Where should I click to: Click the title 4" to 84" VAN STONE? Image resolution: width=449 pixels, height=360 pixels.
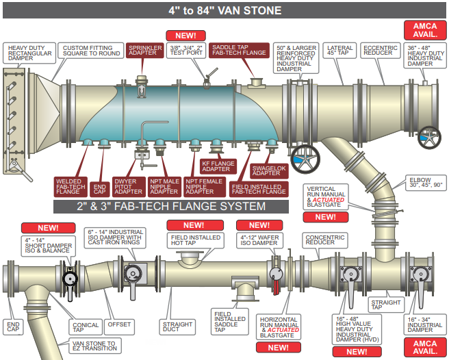(224, 11)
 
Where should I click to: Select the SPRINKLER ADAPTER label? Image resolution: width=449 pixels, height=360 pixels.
(143, 50)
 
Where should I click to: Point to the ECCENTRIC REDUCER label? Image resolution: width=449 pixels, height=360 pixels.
(381, 50)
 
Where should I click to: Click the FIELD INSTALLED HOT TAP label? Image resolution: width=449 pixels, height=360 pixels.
(195, 241)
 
